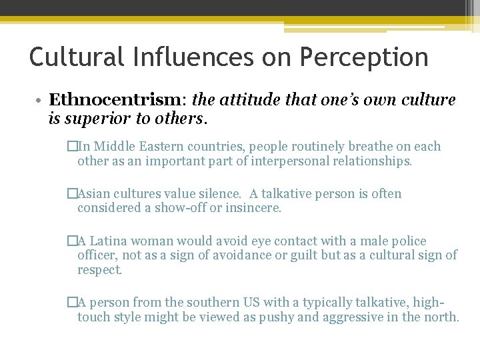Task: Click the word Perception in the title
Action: pyautogui.click(x=364, y=58)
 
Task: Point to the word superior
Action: pyautogui.click(x=93, y=119)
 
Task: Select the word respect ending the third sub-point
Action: pyautogui.click(x=99, y=270)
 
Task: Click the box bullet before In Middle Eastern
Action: pyautogui.click(x=72, y=147)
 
